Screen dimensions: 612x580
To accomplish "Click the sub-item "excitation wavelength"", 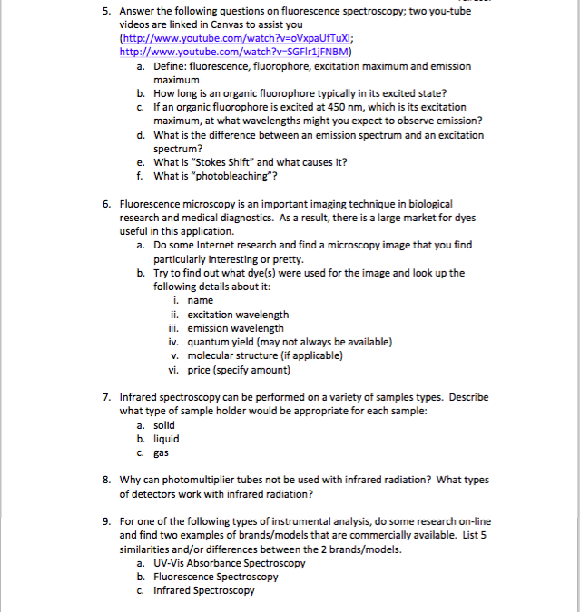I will (x=238, y=315).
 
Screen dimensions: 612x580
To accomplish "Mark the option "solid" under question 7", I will (x=164, y=424).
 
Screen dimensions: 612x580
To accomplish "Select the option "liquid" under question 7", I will (x=166, y=439).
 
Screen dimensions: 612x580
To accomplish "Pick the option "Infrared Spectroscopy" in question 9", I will (x=204, y=590).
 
